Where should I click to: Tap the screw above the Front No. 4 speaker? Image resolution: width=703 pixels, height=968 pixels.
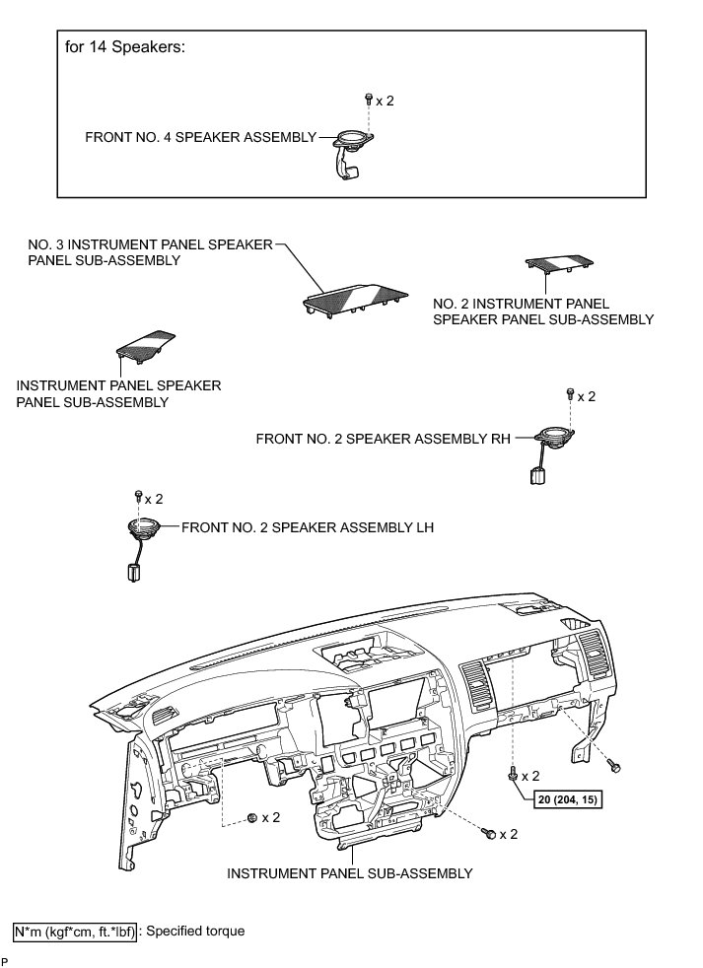pos(368,100)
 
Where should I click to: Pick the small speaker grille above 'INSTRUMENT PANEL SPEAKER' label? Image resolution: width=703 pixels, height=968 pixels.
pos(150,342)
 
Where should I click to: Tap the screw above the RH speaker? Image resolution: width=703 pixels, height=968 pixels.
pos(570,395)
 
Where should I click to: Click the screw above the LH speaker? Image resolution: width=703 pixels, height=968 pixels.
pos(138,498)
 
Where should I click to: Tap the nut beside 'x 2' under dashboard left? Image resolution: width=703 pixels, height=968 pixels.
pos(253,817)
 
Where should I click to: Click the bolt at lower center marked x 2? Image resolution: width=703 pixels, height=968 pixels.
pos(488,834)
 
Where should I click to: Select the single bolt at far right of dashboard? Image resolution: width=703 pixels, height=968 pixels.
pos(614,765)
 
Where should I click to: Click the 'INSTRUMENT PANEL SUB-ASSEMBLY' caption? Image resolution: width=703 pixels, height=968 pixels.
pos(350,873)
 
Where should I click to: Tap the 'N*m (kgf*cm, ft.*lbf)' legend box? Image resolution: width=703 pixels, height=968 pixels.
pos(76,930)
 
